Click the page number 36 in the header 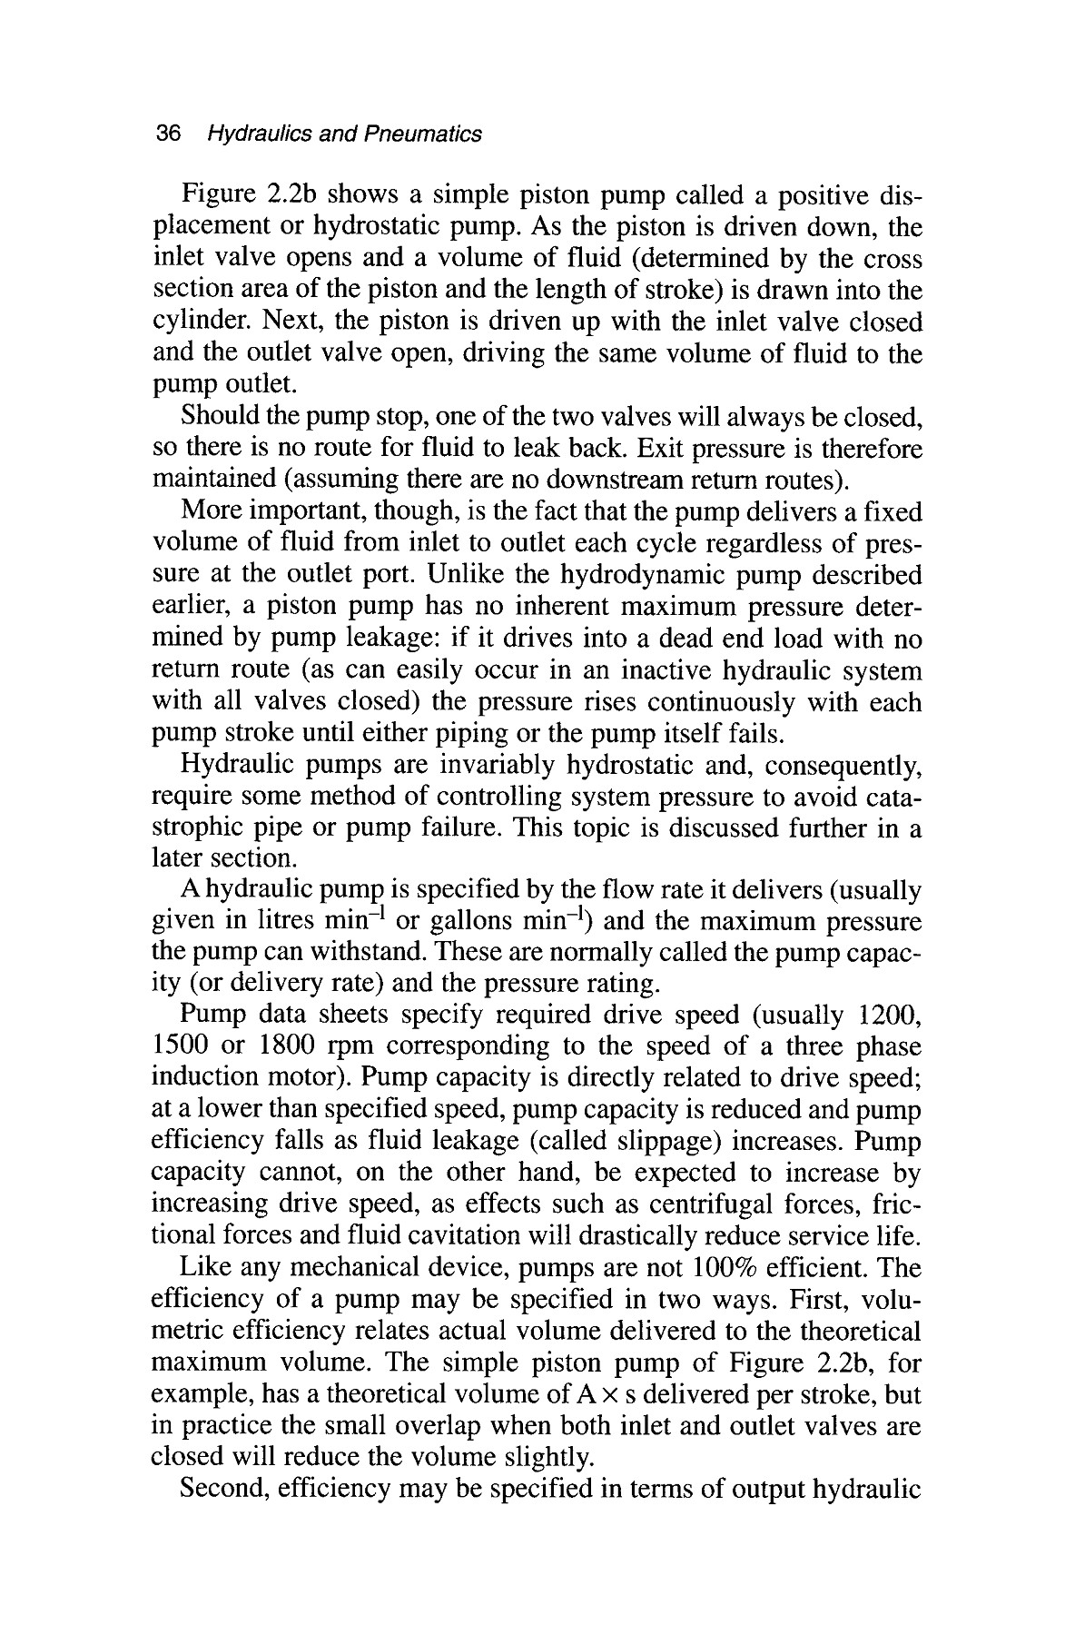click(x=170, y=134)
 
